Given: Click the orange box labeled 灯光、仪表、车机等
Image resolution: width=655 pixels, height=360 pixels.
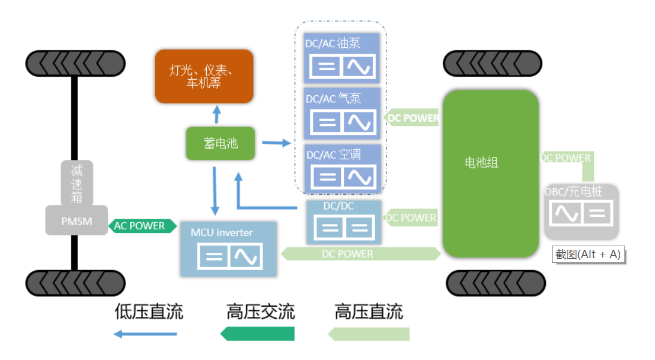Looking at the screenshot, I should [204, 76].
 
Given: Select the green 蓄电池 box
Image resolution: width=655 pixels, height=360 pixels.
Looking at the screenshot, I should [221, 143].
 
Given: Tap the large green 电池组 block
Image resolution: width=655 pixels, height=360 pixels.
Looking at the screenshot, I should [490, 174].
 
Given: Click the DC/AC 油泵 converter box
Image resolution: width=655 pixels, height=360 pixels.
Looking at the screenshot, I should [342, 58].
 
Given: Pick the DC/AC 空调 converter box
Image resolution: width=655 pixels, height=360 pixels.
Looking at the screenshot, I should [342, 168].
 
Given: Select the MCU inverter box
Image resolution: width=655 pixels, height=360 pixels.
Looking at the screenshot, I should [228, 249].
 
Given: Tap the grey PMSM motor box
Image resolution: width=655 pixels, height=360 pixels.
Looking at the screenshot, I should [77, 220].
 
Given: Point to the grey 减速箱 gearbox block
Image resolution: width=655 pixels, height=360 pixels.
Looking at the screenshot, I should [77, 182].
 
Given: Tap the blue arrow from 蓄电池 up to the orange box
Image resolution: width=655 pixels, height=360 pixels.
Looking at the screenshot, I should [216, 115].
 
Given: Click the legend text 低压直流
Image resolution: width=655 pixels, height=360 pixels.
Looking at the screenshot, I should [149, 312].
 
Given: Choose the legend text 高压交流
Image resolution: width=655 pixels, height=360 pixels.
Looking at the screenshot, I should [261, 312].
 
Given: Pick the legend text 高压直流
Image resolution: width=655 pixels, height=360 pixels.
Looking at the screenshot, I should [369, 312].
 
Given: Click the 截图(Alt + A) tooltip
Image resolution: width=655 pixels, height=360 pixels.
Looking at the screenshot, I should [588, 254].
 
